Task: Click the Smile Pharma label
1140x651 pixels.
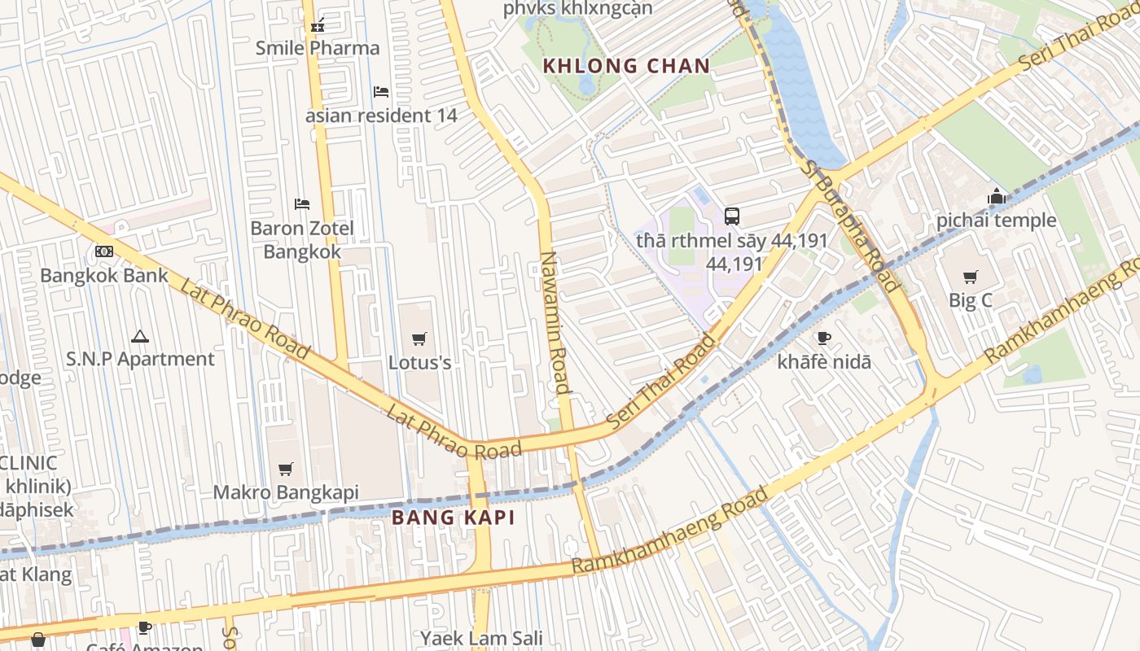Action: tap(318, 48)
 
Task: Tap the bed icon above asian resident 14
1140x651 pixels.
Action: tap(380, 92)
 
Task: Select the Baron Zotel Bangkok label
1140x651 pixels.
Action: tap(302, 240)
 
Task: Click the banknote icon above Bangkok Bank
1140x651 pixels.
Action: tap(104, 251)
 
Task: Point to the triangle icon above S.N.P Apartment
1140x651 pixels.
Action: tap(140, 336)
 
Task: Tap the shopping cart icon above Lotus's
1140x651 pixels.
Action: tap(419, 339)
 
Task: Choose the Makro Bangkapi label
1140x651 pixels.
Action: tap(285, 492)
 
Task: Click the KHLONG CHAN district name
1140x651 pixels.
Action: tap(626, 66)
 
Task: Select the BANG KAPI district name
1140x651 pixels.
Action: tap(454, 518)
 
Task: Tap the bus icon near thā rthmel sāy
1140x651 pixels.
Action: tap(732, 216)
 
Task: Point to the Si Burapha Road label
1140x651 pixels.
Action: tap(851, 225)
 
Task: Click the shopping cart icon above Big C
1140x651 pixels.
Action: tap(970, 277)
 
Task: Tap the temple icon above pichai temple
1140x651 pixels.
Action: tap(996, 196)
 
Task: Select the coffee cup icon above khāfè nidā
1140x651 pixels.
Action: tap(824, 339)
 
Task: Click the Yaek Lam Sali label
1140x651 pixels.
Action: tap(481, 638)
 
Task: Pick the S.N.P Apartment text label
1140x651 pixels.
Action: tap(140, 359)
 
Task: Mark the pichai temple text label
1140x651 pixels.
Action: tap(996, 220)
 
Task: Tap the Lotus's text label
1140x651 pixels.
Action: tap(419, 362)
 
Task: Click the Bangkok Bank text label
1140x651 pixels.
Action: tap(104, 275)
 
